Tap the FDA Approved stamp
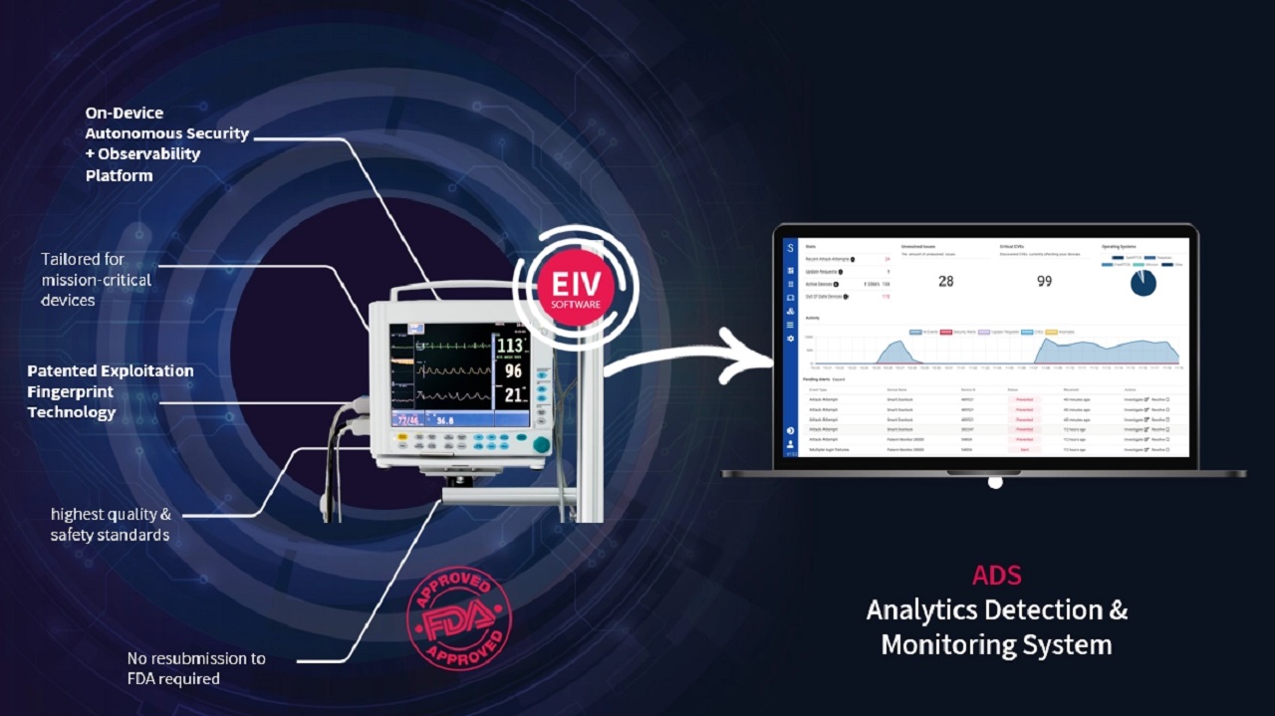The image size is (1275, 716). point(459,618)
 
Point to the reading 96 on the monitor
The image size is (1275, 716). point(512,371)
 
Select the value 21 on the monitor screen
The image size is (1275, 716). point(512,395)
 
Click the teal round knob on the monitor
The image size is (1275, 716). point(541,445)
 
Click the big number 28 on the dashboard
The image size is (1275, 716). point(945,281)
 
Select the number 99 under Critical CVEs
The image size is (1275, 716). point(1044,281)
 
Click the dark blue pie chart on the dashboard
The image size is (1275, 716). point(1143,283)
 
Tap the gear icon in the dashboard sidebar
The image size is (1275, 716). point(791,339)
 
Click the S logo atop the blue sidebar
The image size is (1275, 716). point(791,247)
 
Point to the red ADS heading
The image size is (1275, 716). point(996,575)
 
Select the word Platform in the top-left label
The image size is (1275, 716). point(119,176)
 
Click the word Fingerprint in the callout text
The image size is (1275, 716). point(71,391)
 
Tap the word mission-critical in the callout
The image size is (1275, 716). point(97,280)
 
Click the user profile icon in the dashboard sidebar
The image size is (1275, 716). point(791,443)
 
